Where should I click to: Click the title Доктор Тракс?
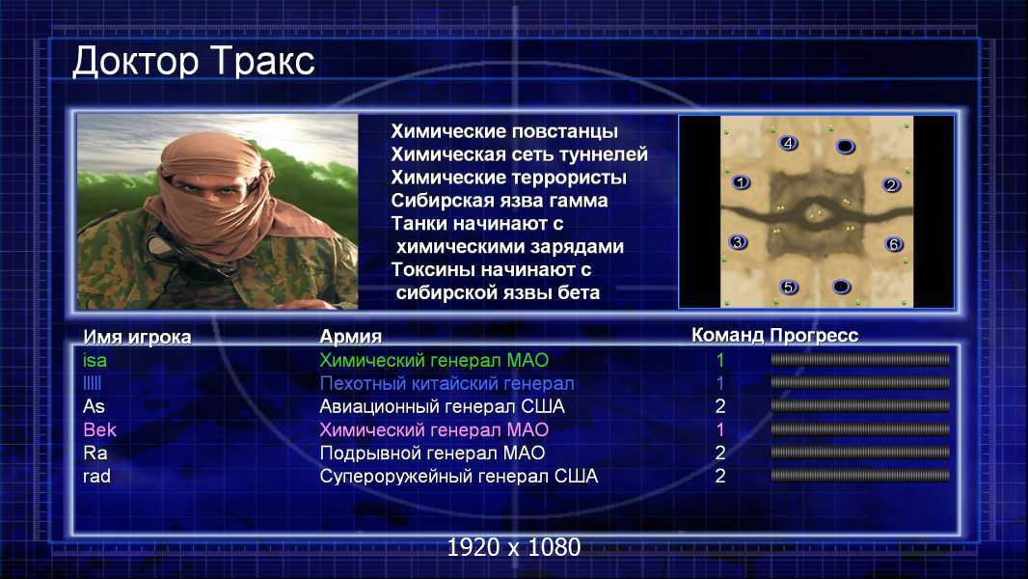coord(194,62)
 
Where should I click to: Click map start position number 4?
coord(788,143)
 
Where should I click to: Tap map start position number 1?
coord(741,182)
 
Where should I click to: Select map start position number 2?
coord(891,185)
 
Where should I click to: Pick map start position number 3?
coord(739,242)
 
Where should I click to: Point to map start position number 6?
coord(894,244)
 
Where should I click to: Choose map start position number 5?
coord(789,287)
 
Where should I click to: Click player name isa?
coord(95,360)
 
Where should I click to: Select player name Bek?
coord(99,429)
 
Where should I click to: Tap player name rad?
coord(96,476)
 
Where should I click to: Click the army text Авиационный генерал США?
coord(442,406)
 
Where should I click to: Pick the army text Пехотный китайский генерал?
coord(446,383)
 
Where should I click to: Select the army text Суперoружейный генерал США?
coord(458,476)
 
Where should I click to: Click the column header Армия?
coord(350,337)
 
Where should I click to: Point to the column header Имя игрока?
coord(137,337)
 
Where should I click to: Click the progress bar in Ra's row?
coord(860,453)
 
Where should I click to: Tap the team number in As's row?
coord(719,406)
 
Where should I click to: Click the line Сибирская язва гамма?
coord(499,201)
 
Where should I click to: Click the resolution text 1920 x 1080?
coord(514,547)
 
